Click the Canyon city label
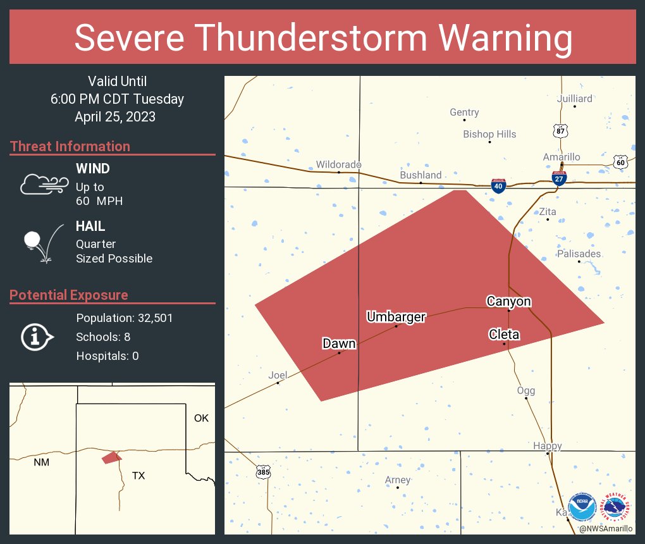(x=508, y=301)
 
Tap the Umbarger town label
(x=396, y=316)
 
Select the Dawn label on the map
(x=339, y=343)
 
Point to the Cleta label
(x=504, y=334)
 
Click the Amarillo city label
(x=562, y=157)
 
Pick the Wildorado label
(x=338, y=164)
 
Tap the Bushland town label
(x=421, y=175)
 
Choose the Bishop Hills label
(x=489, y=134)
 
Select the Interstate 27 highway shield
(x=559, y=178)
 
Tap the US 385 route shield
(x=264, y=472)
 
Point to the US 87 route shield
(x=560, y=130)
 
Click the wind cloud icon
(x=44, y=183)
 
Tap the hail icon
(x=41, y=244)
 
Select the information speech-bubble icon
(x=37, y=337)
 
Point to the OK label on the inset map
(x=201, y=418)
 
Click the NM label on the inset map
(x=41, y=462)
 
